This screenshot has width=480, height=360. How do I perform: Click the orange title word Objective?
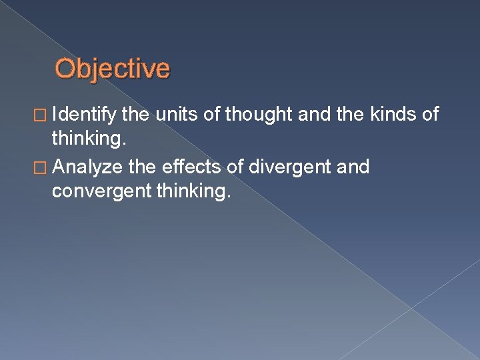click(x=112, y=69)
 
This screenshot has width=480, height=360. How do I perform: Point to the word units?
click(x=180, y=115)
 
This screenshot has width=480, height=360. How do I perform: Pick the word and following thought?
click(x=312, y=115)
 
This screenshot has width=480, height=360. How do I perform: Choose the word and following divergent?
click(x=353, y=167)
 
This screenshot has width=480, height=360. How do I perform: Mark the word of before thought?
click(x=213, y=115)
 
